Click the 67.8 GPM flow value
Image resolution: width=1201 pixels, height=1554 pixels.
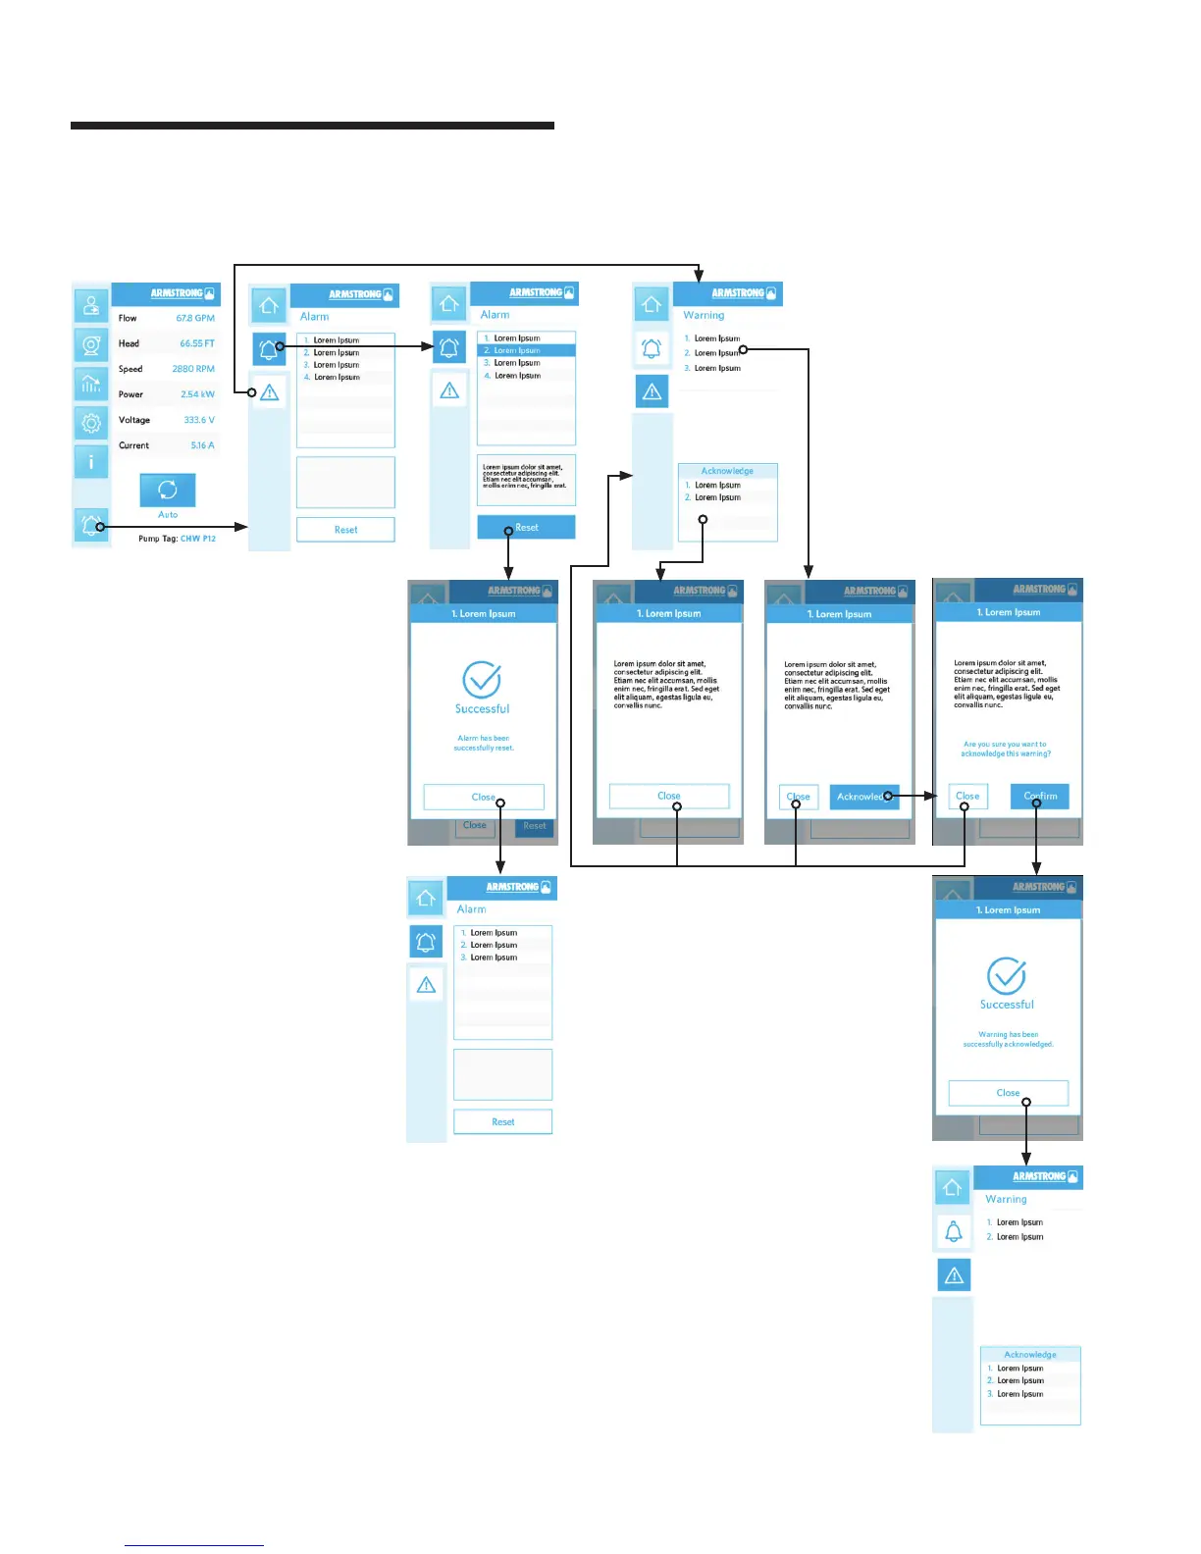[195, 318]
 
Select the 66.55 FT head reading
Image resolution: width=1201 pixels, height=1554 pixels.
[196, 343]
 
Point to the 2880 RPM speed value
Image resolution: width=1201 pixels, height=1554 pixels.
[193, 369]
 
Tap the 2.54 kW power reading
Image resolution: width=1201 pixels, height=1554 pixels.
[197, 394]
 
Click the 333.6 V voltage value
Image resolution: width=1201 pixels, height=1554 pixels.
[199, 420]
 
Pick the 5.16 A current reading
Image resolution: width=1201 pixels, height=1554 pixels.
[202, 445]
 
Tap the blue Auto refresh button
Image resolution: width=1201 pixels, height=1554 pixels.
[168, 490]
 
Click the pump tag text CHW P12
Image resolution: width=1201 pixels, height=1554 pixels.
[198, 539]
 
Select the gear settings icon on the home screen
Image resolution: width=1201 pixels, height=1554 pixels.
[91, 423]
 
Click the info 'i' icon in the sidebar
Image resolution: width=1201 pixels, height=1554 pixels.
[91, 461]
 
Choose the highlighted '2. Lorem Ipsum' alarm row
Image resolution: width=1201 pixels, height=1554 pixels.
[526, 350]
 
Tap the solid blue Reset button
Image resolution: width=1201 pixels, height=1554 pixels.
[526, 528]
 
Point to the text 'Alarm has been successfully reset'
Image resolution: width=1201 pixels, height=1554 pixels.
[483, 743]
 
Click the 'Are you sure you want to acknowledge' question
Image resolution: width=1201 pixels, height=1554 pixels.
[1006, 749]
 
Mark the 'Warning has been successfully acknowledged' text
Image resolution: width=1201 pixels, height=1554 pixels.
[1008, 1039]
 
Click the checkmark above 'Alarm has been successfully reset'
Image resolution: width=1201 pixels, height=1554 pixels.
[482, 679]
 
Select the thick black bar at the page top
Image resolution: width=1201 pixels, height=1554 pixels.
[312, 126]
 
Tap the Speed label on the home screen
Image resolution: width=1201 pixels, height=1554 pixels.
[131, 369]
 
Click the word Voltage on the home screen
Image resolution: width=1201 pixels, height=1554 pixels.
[134, 420]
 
